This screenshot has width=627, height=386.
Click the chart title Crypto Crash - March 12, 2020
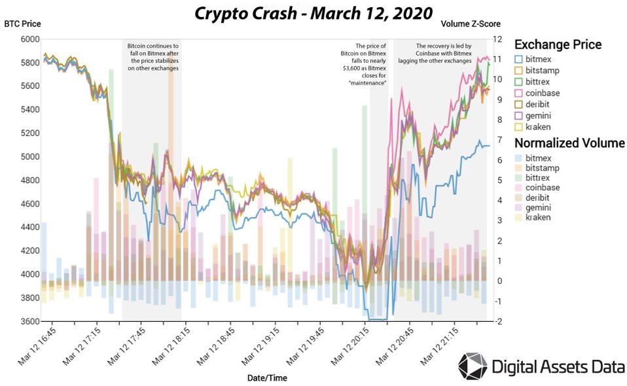pyautogui.click(x=313, y=13)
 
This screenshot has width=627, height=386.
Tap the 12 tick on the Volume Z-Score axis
pyautogui.click(x=498, y=39)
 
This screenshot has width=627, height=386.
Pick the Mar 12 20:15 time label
pyautogui.click(x=353, y=347)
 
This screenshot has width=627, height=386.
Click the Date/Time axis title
pyautogui.click(x=266, y=377)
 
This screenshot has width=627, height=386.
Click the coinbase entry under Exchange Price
pyautogui.click(x=542, y=94)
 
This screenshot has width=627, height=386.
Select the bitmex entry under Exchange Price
pyautogui.click(x=537, y=59)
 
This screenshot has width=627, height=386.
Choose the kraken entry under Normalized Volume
pyautogui.click(x=537, y=217)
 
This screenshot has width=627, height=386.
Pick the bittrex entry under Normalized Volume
pyautogui.click(x=537, y=178)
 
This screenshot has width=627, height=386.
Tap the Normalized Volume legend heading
pyautogui.click(x=569, y=143)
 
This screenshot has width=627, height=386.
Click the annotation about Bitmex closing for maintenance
pyautogui.click(x=363, y=64)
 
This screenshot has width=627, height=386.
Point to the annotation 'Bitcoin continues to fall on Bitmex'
pyautogui.click(x=152, y=57)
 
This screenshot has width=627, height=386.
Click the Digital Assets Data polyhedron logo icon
pyautogui.click(x=472, y=366)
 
